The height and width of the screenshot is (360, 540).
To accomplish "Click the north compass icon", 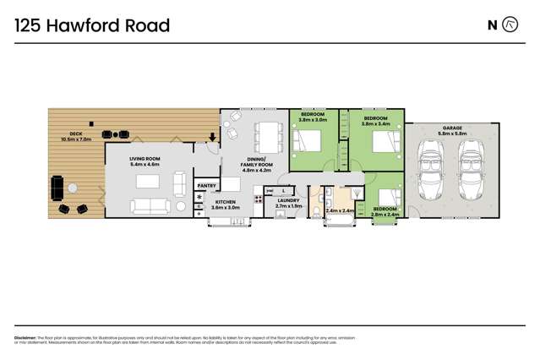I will [x=510, y=25].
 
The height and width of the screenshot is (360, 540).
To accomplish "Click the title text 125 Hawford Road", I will [x=92, y=25].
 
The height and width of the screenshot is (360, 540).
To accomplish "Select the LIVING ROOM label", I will [x=145, y=161].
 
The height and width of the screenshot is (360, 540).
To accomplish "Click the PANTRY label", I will [x=206, y=185].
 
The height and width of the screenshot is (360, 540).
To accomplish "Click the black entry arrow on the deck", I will [x=212, y=138].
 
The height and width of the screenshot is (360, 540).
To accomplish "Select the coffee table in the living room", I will [x=147, y=181].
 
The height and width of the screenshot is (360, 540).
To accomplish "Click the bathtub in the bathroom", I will [x=337, y=221].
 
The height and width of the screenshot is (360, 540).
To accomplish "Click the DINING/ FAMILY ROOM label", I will [x=256, y=164].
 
